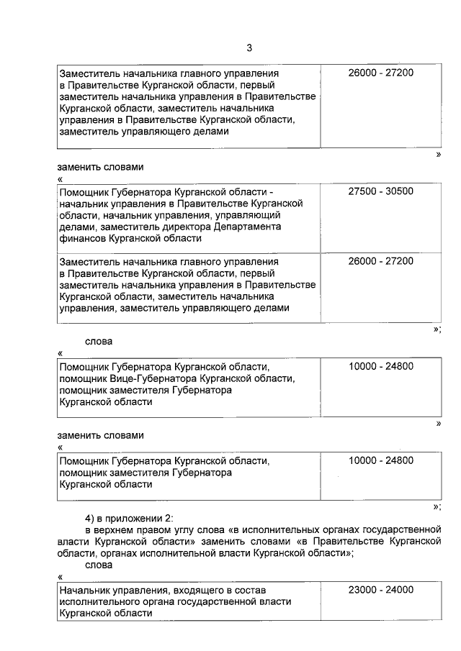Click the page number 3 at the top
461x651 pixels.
click(x=249, y=48)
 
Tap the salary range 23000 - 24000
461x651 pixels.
click(x=380, y=589)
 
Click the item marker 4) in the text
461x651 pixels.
click(x=91, y=519)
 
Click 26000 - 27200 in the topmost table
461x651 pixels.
click(x=380, y=73)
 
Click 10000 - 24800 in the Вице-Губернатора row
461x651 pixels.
click(x=380, y=366)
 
